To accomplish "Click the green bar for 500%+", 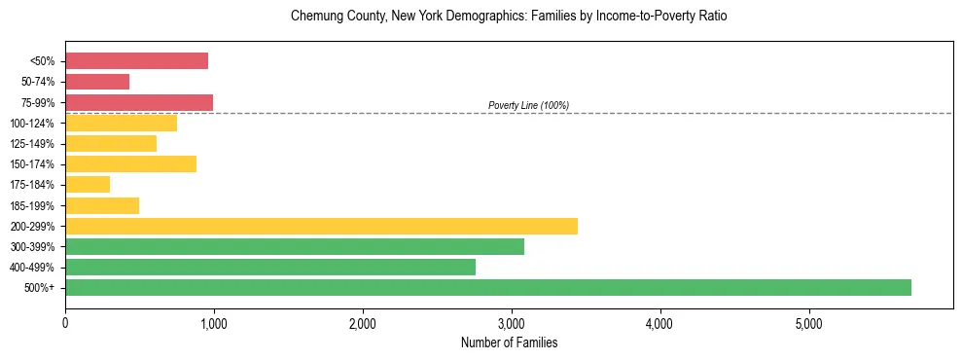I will (x=488, y=287).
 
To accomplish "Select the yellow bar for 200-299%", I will (x=321, y=226).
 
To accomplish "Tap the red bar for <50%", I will (x=136, y=60).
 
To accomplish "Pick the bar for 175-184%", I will (x=88, y=184).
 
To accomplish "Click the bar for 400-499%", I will (x=270, y=267).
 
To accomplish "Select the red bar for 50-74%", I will (x=97, y=82).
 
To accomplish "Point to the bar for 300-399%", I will (x=295, y=246).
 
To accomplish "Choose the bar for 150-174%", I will (x=130, y=163).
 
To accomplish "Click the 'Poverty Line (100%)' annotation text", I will (x=528, y=105).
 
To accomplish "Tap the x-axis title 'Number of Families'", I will (x=509, y=342).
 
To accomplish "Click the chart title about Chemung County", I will (x=509, y=17).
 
